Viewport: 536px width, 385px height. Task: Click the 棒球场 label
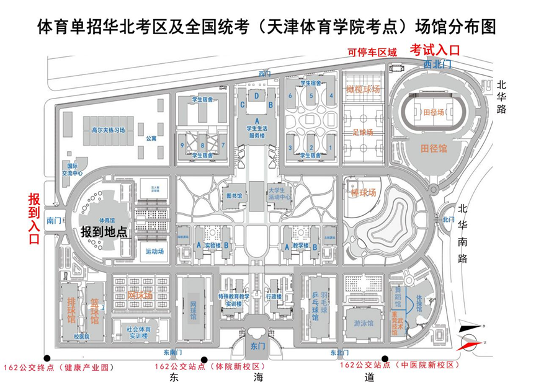(x=364, y=193)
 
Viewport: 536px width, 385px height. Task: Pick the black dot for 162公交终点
(x=47, y=358)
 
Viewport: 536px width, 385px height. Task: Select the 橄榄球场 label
(x=363, y=89)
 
